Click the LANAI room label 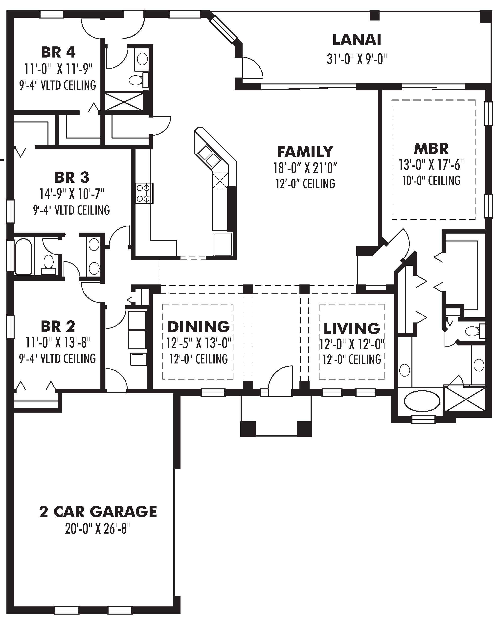coord(357,40)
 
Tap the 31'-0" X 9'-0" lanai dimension coord(357,59)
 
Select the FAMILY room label coord(305,152)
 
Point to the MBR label coord(431,149)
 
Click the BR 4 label coord(58,52)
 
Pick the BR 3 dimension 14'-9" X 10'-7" coord(72,194)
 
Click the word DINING coord(199,327)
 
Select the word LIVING coord(352,328)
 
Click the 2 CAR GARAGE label coord(98,512)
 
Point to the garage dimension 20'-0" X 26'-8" coord(98,529)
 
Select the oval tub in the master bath coord(422,401)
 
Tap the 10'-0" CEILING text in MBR coord(431,180)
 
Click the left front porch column coord(248,429)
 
